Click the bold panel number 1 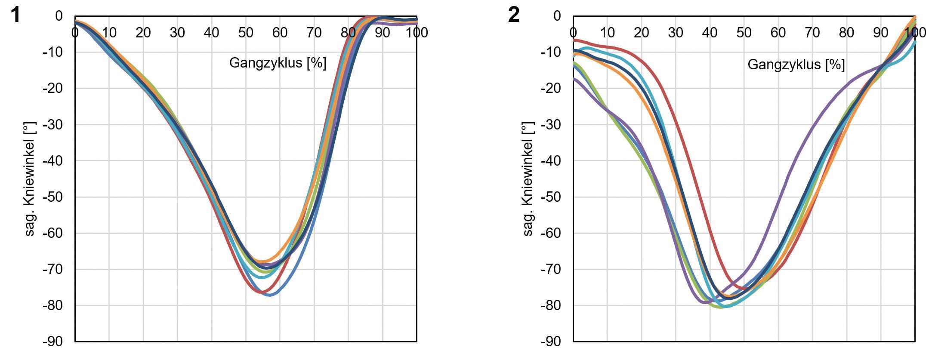point(15,15)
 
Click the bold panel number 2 point(514,15)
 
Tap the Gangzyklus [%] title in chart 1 point(278,63)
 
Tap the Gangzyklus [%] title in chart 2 point(796,65)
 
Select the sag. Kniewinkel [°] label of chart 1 point(30,179)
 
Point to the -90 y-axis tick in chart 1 point(52,342)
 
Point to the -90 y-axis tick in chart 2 point(550,342)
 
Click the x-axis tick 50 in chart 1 point(246,32)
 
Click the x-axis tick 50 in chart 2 point(744,32)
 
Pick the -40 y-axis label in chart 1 point(52,161)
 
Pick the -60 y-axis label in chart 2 point(550,233)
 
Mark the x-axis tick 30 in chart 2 point(676,32)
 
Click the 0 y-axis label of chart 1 point(59,16)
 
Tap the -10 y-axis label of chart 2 point(550,52)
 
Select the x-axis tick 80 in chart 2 point(846,32)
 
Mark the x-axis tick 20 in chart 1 point(143,32)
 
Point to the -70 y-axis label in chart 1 point(52,270)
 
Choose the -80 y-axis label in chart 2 point(550,306)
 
